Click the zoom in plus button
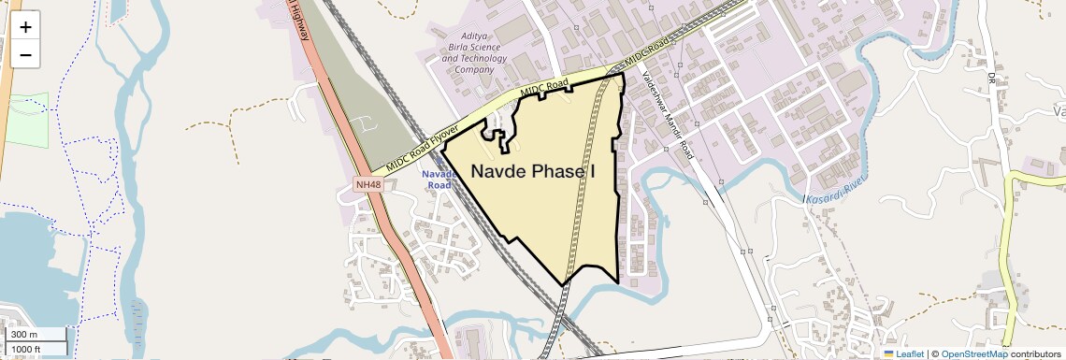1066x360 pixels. coord(25,27)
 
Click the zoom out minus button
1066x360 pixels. coord(25,54)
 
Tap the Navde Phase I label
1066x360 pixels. coord(532,172)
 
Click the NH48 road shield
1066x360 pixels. coord(368,184)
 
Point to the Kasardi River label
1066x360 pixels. coord(836,188)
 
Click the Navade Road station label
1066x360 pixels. coord(439,180)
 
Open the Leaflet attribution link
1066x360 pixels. coord(910,353)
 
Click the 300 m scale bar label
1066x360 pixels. coord(25,335)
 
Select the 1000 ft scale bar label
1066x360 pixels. coord(27,349)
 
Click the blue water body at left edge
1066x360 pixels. coord(23,252)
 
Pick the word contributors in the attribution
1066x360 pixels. coord(1037,353)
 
